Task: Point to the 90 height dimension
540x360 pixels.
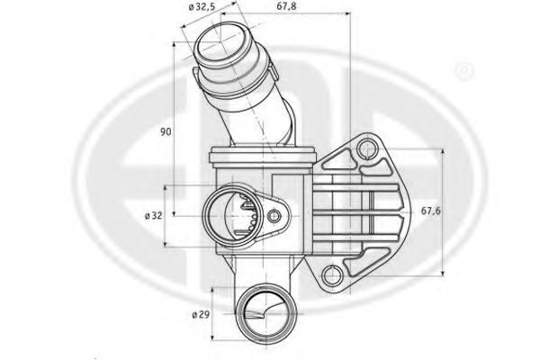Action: (x=166, y=131)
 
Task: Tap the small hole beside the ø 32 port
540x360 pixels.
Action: (x=272, y=216)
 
